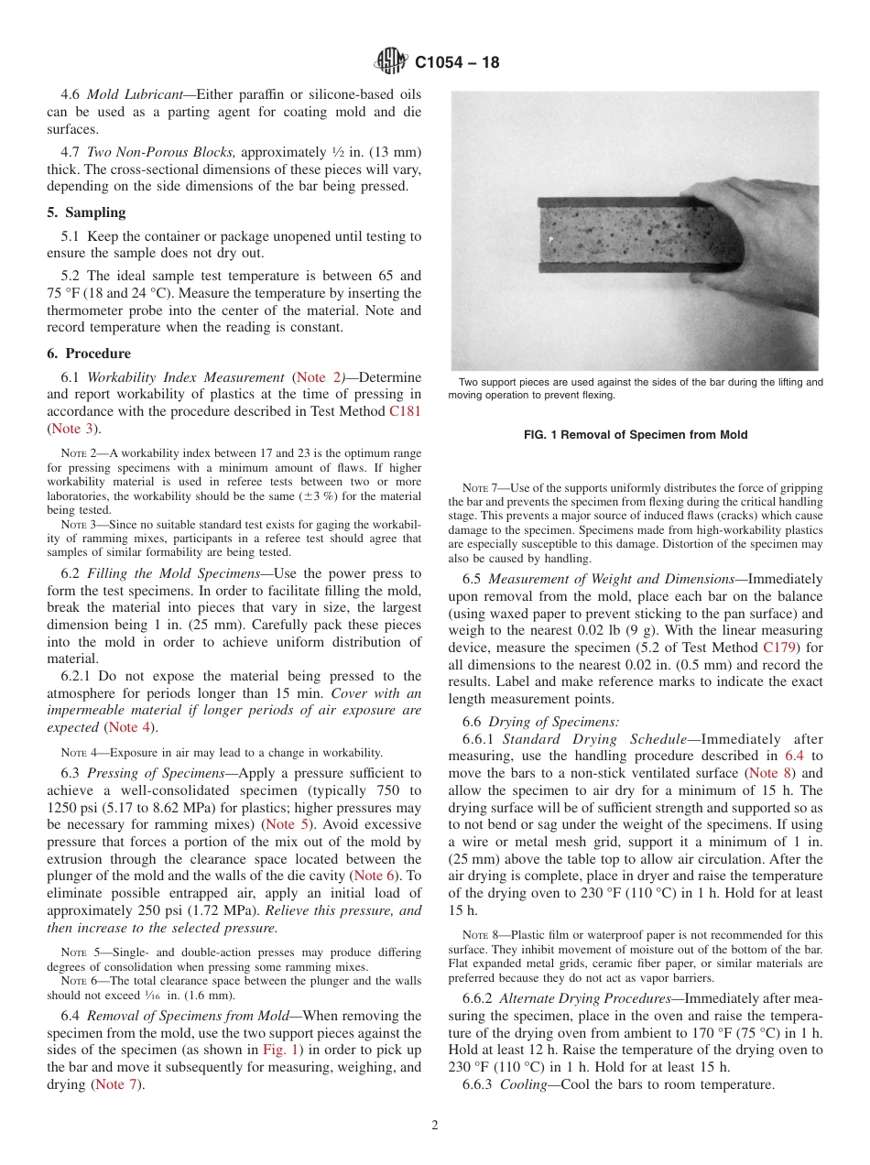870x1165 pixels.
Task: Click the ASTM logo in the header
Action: [x=391, y=62]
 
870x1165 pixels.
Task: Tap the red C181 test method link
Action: [x=405, y=411]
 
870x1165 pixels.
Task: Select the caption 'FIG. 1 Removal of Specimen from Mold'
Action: [x=635, y=435]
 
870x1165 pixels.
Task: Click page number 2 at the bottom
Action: [x=435, y=1126]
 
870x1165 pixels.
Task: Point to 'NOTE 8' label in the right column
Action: [x=481, y=936]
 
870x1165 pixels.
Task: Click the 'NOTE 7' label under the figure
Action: [x=481, y=488]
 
